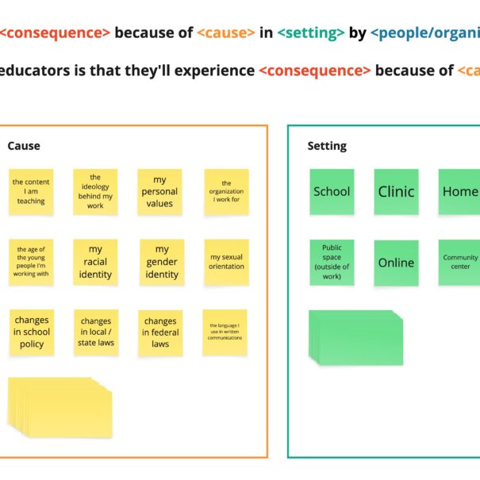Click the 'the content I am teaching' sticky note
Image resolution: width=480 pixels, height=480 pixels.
tap(31, 191)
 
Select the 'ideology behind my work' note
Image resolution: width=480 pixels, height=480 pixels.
tap(95, 191)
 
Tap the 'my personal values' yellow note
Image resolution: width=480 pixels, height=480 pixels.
tap(159, 191)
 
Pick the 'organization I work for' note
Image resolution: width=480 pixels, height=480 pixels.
tap(226, 191)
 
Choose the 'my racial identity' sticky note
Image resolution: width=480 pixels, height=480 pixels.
tap(95, 262)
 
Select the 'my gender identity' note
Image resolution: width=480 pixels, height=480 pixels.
tap(162, 262)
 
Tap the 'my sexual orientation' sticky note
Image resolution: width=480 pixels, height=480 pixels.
tap(226, 262)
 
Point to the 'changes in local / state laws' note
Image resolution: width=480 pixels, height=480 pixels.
tap(96, 332)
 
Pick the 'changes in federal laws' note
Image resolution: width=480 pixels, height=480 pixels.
tap(160, 332)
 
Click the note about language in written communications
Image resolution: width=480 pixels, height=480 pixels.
tap(225, 332)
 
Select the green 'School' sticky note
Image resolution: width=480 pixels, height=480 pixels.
tap(332, 191)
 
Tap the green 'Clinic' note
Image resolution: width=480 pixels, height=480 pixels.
tap(396, 191)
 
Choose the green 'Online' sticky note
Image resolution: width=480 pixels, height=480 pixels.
tap(396, 263)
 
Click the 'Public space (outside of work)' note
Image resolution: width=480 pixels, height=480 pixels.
tap(332, 263)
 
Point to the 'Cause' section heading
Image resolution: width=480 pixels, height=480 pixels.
tap(24, 146)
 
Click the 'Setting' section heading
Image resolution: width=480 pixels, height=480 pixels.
tap(327, 146)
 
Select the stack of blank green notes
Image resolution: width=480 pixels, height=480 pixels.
tap(356, 336)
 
